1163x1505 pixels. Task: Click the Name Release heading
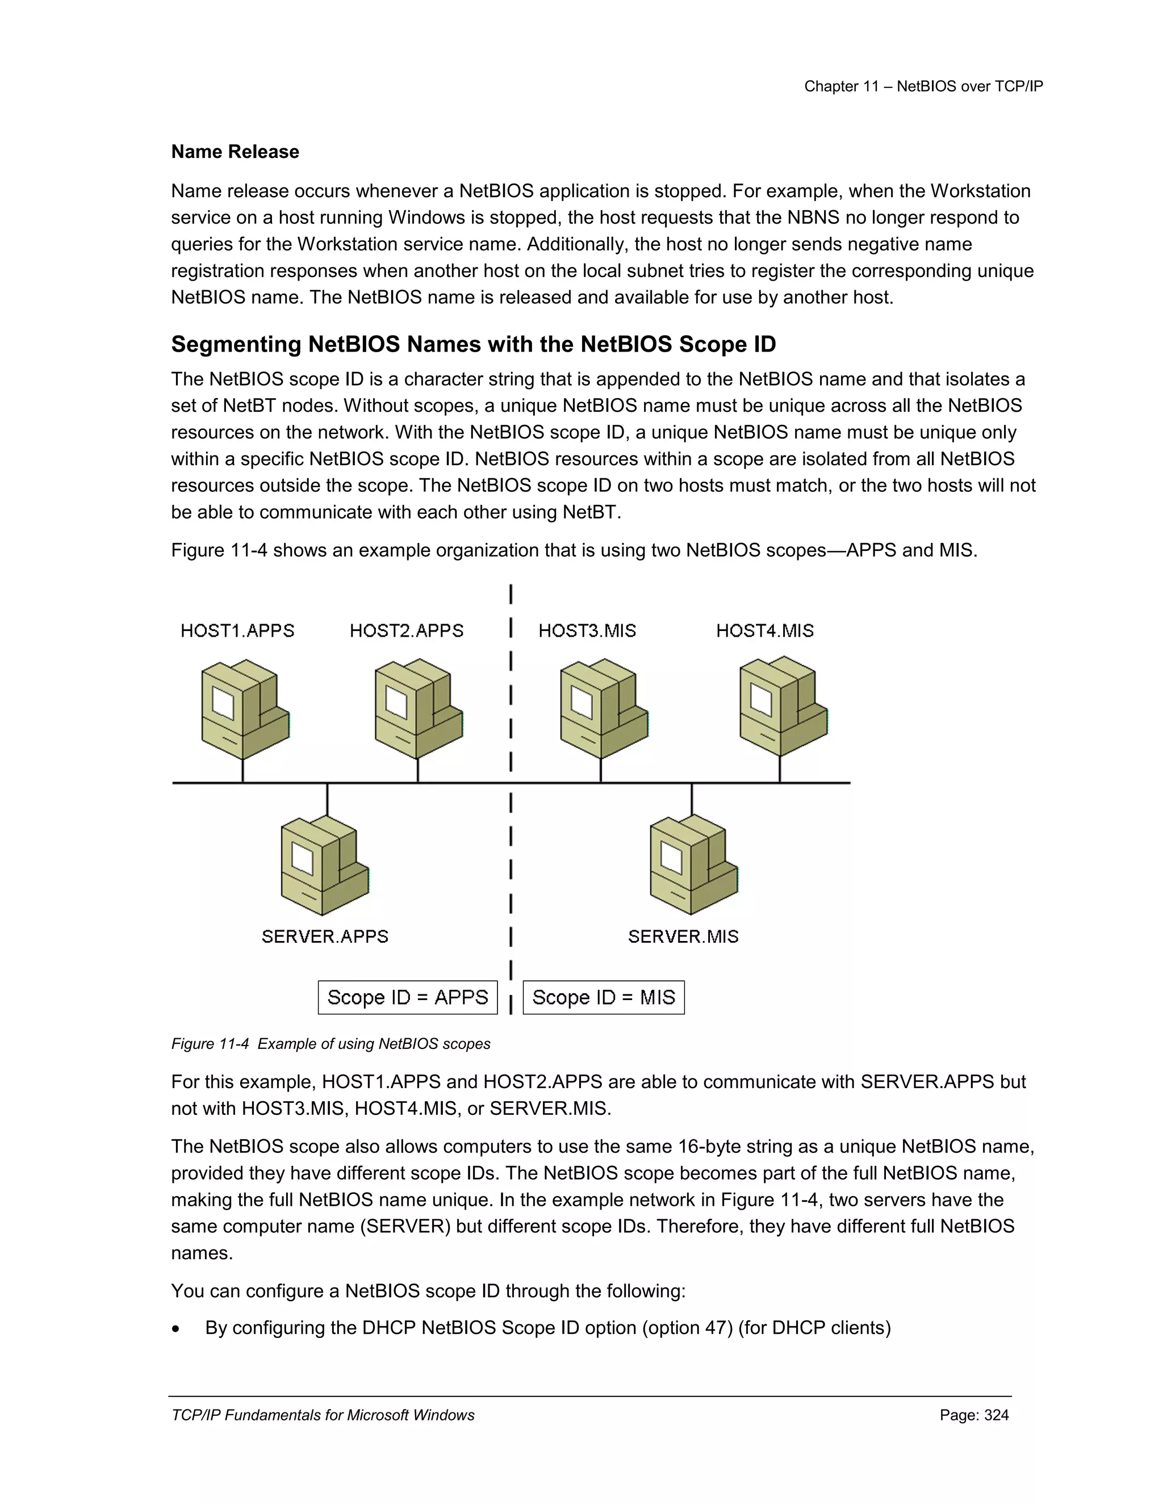[235, 152]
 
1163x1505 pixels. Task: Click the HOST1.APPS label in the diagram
[237, 630]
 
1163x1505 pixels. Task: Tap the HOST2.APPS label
[407, 630]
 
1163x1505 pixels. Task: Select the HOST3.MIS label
[587, 630]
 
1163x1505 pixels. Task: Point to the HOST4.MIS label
[765, 630]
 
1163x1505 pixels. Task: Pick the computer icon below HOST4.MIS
[783, 706]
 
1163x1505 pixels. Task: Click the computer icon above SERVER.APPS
[324, 866]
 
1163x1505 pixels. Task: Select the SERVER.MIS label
[683, 937]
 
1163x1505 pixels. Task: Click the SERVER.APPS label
[324, 937]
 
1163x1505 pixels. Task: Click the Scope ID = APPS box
[407, 997]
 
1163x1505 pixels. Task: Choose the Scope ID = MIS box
[604, 997]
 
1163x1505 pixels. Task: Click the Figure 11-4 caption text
[331, 1044]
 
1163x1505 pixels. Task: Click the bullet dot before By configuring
[177, 1330]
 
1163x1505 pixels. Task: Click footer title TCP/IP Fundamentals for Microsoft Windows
[323, 1415]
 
